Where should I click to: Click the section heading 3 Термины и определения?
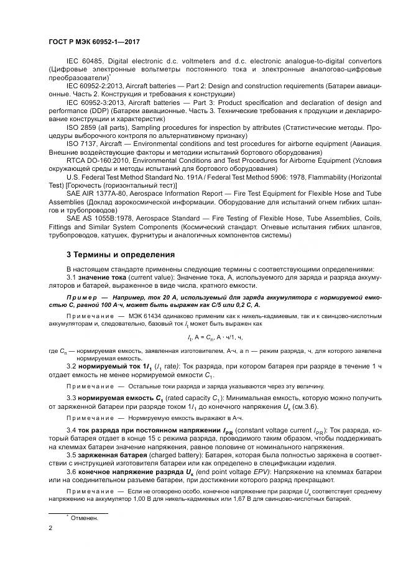click(x=120, y=255)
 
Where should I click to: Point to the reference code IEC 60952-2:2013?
click(x=97, y=85)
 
